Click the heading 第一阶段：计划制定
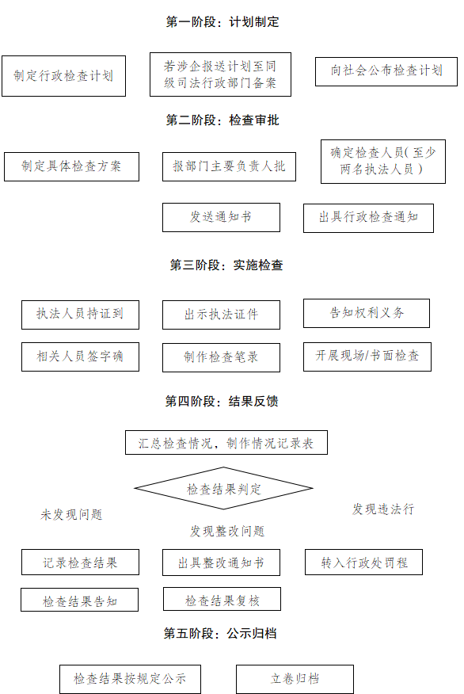(x=222, y=23)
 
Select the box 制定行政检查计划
(x=63, y=76)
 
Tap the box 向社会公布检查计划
(x=386, y=71)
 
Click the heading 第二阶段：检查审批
(x=222, y=121)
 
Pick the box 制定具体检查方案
(x=71, y=166)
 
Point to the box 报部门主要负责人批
(x=229, y=166)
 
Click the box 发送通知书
(x=221, y=217)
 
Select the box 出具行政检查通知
(x=368, y=217)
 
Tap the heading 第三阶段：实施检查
(x=226, y=266)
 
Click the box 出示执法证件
(x=221, y=315)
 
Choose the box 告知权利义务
(x=367, y=313)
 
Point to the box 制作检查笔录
(x=221, y=357)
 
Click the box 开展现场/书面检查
(x=367, y=357)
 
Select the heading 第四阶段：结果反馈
(x=222, y=402)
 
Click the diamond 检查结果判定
(x=224, y=489)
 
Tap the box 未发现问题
(x=71, y=511)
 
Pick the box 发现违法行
(x=383, y=505)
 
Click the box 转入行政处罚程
(x=363, y=562)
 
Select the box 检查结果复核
(x=222, y=600)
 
